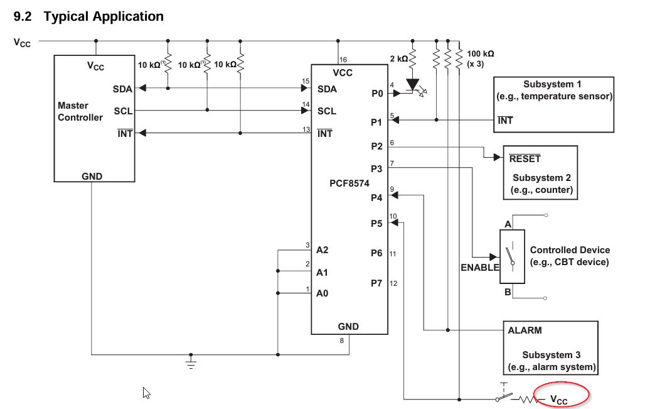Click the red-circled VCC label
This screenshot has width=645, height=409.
click(558, 399)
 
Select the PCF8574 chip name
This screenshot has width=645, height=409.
click(349, 183)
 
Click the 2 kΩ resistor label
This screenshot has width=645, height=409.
click(398, 59)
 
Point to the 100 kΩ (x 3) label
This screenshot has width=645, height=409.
click(481, 59)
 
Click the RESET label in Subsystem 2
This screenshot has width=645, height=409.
click(525, 158)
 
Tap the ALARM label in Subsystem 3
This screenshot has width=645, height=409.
click(525, 330)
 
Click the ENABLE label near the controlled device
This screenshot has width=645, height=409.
click(479, 267)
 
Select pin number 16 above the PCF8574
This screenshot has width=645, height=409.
click(343, 60)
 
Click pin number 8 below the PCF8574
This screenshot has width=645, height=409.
click(342, 341)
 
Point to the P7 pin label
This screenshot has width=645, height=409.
click(376, 283)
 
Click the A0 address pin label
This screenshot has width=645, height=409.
click(322, 293)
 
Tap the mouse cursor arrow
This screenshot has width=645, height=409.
click(146, 393)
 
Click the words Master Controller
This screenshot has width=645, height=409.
click(80, 111)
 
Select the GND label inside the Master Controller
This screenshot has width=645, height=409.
click(92, 177)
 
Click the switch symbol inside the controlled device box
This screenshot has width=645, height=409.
click(511, 256)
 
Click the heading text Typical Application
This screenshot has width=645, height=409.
click(104, 16)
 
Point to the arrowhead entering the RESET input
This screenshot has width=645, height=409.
click(498, 157)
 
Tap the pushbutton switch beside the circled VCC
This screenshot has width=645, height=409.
click(504, 393)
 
